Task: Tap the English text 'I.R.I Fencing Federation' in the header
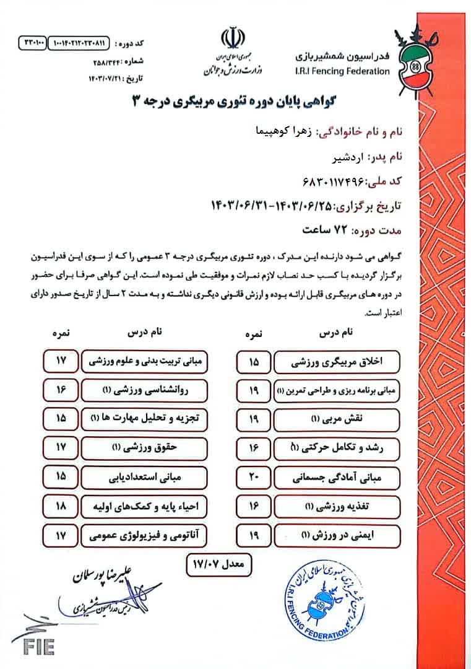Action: coord(344,71)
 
